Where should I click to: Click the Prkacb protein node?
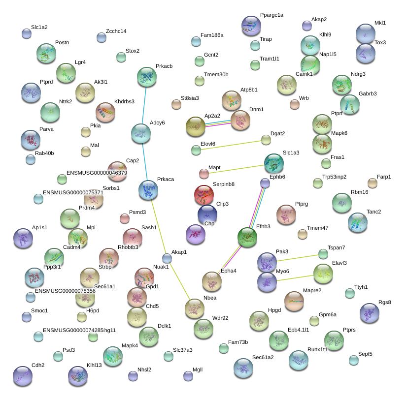point(146,77)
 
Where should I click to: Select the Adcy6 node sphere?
point(141,133)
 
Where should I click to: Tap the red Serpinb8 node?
point(203,195)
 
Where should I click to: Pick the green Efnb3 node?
point(247,237)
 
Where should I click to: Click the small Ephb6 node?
point(265,183)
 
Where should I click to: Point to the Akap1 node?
point(167,258)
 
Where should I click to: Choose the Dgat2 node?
point(266,140)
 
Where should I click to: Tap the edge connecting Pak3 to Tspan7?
point(296,258)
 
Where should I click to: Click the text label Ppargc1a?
point(271,15)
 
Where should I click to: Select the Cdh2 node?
point(22,376)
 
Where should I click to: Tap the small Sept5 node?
point(354,360)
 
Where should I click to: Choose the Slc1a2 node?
point(27,33)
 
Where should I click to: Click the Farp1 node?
point(373,183)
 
